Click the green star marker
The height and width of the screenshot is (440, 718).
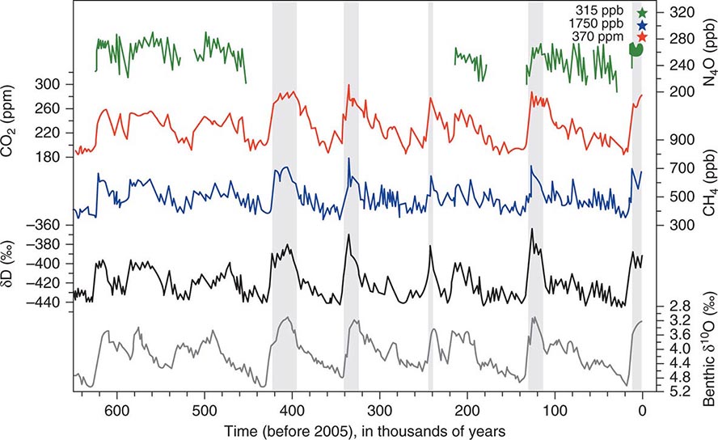click(x=642, y=13)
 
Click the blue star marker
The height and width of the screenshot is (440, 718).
click(x=642, y=25)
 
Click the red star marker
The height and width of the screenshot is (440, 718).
click(x=642, y=37)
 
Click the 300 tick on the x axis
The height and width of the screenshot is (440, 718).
click(x=380, y=411)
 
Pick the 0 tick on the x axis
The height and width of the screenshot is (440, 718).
click(x=643, y=411)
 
